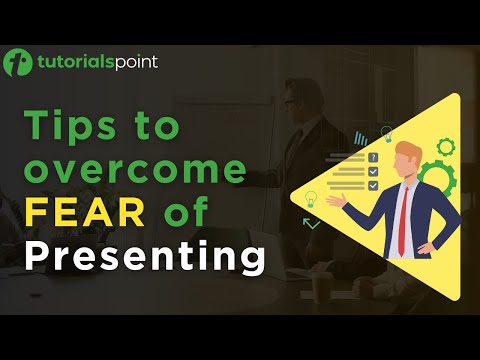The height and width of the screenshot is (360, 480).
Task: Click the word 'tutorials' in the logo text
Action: point(69,63)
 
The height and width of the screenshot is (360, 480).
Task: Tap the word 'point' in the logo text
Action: point(132,63)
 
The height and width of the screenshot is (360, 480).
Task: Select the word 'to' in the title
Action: point(151,128)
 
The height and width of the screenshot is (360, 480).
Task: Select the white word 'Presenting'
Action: point(144,256)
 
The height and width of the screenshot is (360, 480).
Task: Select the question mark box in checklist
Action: point(373,158)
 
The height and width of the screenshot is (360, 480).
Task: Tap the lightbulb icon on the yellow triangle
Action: point(311,198)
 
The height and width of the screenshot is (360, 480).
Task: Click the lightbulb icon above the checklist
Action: point(386,134)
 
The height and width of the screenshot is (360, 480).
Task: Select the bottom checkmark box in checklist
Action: point(373,185)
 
